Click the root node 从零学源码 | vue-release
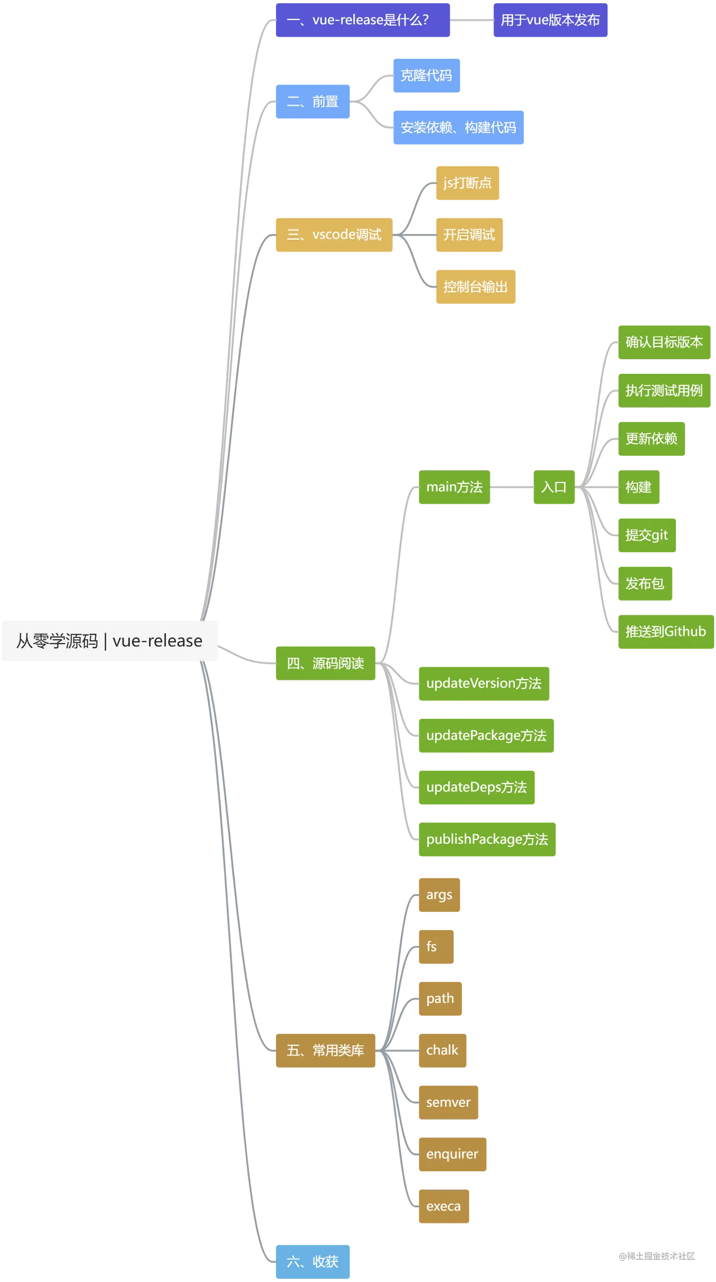click(x=109, y=640)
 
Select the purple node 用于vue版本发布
click(x=550, y=20)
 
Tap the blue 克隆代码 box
click(x=426, y=76)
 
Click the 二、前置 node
click(x=313, y=102)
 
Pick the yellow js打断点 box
click(x=467, y=183)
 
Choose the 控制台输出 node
click(x=475, y=287)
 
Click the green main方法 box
click(x=454, y=487)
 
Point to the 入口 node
click(x=553, y=487)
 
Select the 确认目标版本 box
click(x=664, y=342)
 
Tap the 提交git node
click(x=647, y=535)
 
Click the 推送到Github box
click(x=666, y=632)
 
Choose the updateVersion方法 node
click(x=483, y=683)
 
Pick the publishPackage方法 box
click(x=486, y=840)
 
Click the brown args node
click(x=439, y=895)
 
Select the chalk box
click(x=442, y=1050)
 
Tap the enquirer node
click(x=452, y=1154)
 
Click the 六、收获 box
click(x=313, y=1262)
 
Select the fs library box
click(x=435, y=946)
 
